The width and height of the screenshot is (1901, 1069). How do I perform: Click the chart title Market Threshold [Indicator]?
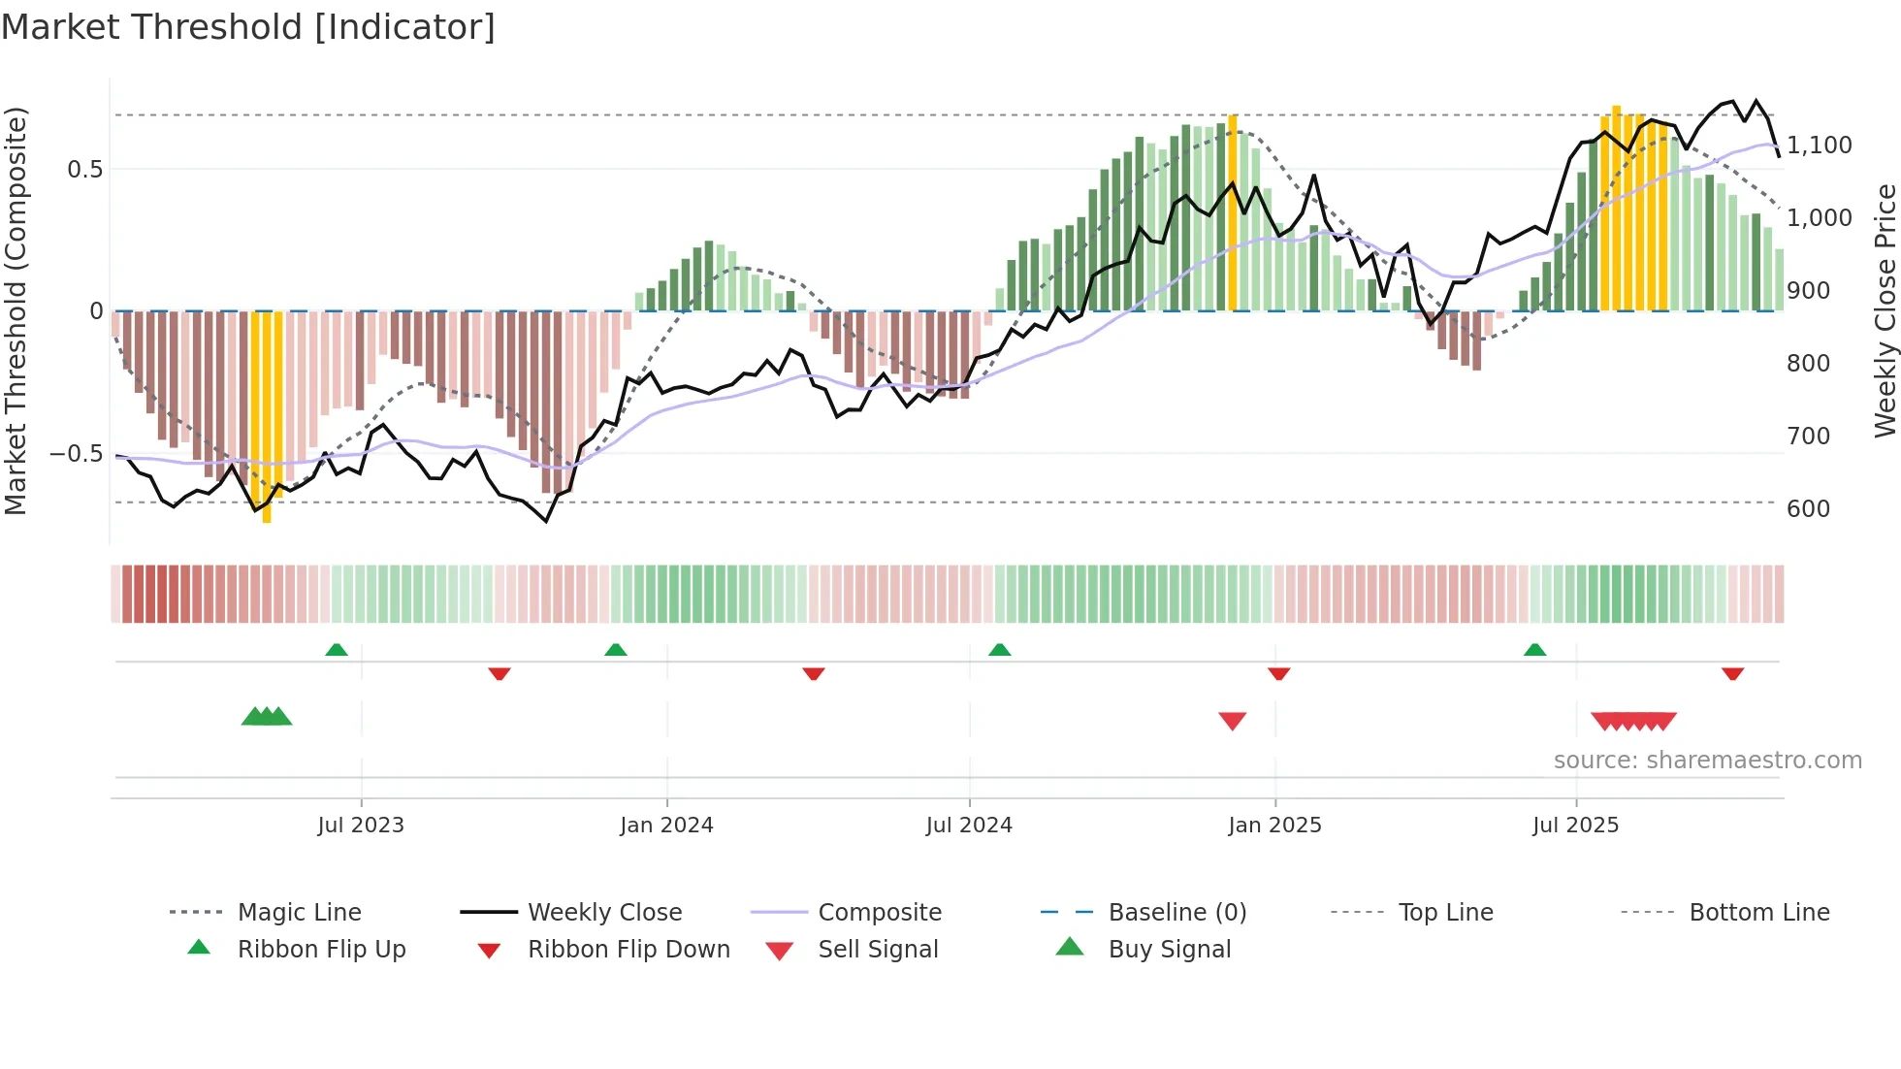point(248,27)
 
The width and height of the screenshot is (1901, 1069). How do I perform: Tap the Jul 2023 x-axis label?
point(361,826)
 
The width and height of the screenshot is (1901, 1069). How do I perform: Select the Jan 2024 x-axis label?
point(666,826)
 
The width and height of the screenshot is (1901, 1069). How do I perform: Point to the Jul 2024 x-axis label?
point(969,826)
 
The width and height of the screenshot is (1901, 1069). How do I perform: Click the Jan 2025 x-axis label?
point(1274,826)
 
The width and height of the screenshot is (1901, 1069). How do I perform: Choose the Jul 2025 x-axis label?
point(1576,826)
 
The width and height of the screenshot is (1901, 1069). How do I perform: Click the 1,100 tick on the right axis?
point(1819,146)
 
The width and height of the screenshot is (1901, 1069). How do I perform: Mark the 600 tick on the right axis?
point(1808,509)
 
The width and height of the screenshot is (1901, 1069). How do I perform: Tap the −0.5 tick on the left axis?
point(76,454)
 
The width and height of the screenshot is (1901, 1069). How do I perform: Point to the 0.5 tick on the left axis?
point(84,170)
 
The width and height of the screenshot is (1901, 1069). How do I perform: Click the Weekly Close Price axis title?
point(1885,310)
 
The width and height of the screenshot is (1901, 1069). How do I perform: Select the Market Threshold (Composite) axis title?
point(16,310)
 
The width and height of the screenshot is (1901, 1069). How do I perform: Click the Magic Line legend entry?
point(299,913)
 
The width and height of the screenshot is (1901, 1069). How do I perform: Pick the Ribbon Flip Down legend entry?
point(628,950)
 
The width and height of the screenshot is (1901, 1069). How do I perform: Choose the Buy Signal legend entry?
point(1169,950)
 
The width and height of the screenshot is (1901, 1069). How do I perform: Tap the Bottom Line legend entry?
point(1758,913)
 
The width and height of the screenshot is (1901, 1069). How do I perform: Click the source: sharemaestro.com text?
point(1707,761)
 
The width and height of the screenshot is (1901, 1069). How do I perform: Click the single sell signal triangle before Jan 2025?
point(1232,721)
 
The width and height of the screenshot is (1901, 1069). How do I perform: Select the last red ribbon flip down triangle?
point(1732,673)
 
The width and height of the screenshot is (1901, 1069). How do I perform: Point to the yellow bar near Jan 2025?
point(1233,213)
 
